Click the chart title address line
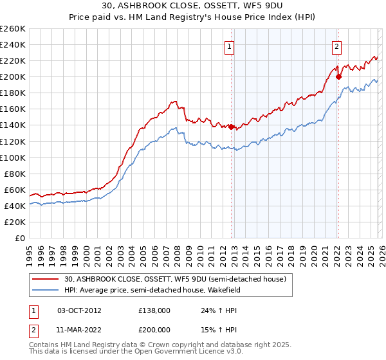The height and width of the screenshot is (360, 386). click(x=192, y=6)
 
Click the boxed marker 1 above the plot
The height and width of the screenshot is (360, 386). click(x=230, y=46)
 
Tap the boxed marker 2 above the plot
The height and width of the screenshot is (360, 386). click(x=336, y=46)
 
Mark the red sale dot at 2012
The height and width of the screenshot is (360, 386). click(x=231, y=127)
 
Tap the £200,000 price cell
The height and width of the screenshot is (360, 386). click(x=154, y=329)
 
